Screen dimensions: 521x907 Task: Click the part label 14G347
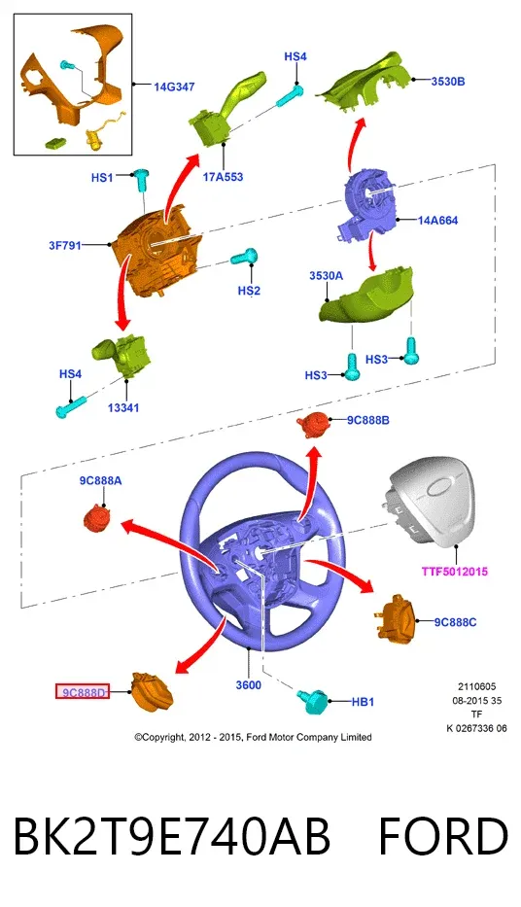tap(174, 87)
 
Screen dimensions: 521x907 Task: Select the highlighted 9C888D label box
tap(82, 691)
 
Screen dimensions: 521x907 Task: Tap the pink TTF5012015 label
tap(455, 572)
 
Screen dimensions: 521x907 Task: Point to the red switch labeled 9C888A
tap(97, 517)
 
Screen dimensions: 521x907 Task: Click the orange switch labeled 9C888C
tap(399, 617)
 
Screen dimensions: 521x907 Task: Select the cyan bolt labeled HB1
tap(313, 701)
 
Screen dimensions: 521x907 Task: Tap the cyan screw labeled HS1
tap(141, 180)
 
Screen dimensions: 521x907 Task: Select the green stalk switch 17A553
tap(225, 110)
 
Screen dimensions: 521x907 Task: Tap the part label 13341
tap(123, 407)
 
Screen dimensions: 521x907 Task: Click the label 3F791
tap(65, 245)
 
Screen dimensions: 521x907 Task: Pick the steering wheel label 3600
tap(249, 685)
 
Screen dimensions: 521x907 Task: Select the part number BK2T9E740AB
tap(171, 836)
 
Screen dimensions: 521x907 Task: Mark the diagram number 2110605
tap(477, 686)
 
